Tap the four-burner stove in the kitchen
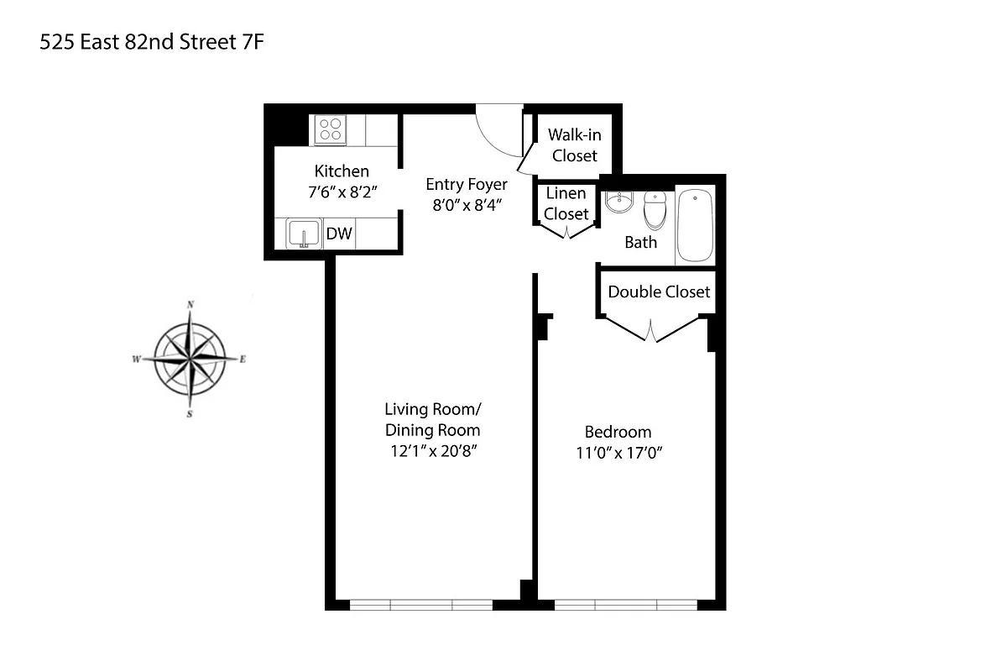pos(330,130)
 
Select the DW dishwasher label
pos(339,234)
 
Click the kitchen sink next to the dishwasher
pos(302,234)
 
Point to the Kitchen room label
pos(342,171)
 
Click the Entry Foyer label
pos(466,184)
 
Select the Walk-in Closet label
pos(575,144)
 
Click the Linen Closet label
pos(566,203)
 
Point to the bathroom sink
pos(621,202)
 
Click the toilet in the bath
pos(654,209)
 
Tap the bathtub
pos(695,225)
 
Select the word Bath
pos(641,242)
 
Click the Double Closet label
pos(659,291)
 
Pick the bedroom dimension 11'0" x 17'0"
pos(618,454)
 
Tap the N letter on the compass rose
pos(191,304)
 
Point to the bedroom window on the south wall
pos(626,604)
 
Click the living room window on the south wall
pos(421,604)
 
